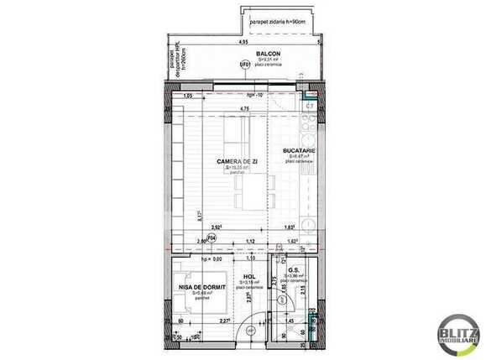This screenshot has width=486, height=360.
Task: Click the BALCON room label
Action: (245, 53)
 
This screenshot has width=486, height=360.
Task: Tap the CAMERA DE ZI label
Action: (237, 161)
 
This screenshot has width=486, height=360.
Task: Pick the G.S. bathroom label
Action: (294, 271)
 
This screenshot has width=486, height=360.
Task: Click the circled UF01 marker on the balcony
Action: (245, 65)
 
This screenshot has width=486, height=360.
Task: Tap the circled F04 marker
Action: (212, 238)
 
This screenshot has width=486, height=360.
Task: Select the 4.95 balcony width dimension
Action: (243, 41)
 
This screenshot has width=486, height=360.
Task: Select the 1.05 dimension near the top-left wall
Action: (188, 97)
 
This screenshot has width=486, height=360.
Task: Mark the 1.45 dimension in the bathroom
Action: (289, 320)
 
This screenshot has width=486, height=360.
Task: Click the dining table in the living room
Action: (251, 196)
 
